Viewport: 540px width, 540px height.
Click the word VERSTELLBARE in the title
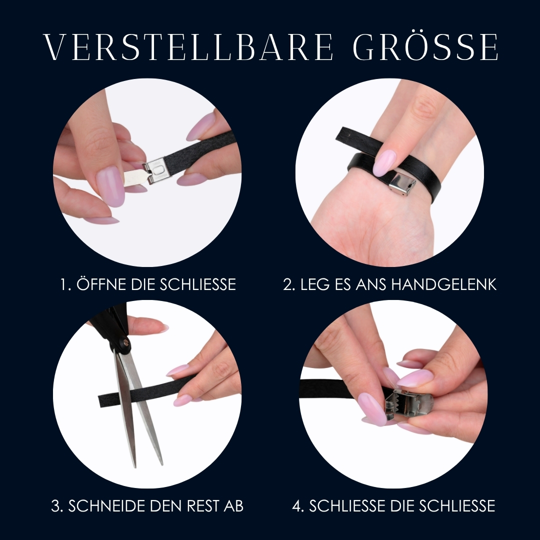[x=188, y=47]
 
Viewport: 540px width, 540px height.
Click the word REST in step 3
[x=203, y=506]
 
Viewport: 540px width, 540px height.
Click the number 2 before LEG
[x=288, y=285]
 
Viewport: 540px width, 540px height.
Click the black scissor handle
[x=110, y=327]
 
